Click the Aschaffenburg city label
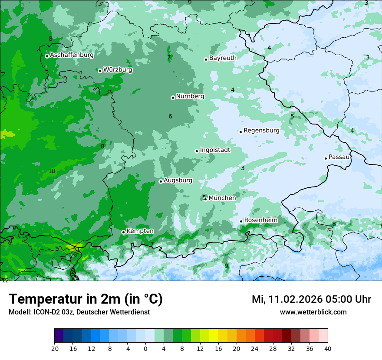pyautogui.click(x=72, y=55)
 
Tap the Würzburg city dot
pyautogui.click(x=100, y=71)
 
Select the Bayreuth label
pyautogui.click(x=223, y=58)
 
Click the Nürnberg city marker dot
pyautogui.click(x=173, y=98)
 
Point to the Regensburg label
pyautogui.click(x=261, y=131)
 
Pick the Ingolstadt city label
pyautogui.click(x=215, y=150)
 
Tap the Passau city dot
pyautogui.click(x=326, y=158)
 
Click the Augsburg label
pyautogui.click(x=178, y=180)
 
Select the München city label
pyautogui.click(x=222, y=198)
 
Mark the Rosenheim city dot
pyautogui.click(x=241, y=222)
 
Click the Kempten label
pyautogui.click(x=140, y=231)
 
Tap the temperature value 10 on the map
pyautogui.click(x=52, y=171)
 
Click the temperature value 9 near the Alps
pyautogui.click(x=226, y=266)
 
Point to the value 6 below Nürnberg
pyautogui.click(x=170, y=116)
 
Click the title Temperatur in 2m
pyautogui.click(x=86, y=299)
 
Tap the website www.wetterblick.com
pyautogui.click(x=313, y=312)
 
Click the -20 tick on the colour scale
pyautogui.click(x=54, y=348)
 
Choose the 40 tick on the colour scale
pyautogui.click(x=328, y=348)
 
